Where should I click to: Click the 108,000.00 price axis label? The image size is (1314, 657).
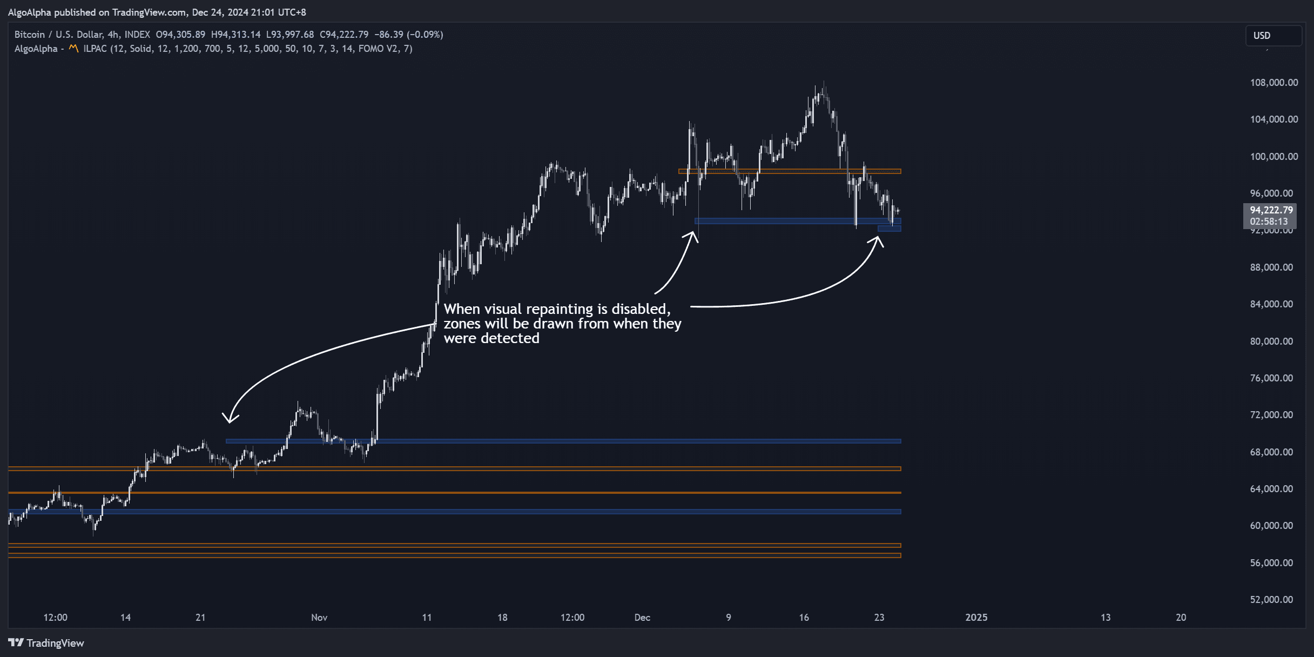tap(1273, 83)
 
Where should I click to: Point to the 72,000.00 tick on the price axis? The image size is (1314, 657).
tap(1271, 415)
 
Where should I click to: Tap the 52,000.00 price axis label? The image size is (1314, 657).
tap(1271, 600)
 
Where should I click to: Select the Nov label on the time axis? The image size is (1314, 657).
tap(319, 618)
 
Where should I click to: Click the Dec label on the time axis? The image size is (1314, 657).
tap(642, 618)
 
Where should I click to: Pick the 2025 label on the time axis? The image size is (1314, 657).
tap(976, 618)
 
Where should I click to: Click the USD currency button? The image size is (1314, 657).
tap(1262, 36)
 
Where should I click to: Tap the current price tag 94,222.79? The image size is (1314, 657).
tap(1271, 210)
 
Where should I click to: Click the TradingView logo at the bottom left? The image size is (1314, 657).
tap(46, 643)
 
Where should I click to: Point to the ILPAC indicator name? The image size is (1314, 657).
tap(95, 49)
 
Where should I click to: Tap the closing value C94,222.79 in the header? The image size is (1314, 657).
tap(344, 35)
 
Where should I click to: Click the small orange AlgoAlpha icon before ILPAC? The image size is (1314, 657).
tap(73, 49)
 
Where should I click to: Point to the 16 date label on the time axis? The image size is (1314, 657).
tap(804, 618)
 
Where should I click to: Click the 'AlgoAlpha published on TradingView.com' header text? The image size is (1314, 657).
tap(97, 12)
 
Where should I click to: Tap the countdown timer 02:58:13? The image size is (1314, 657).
tap(1269, 222)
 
